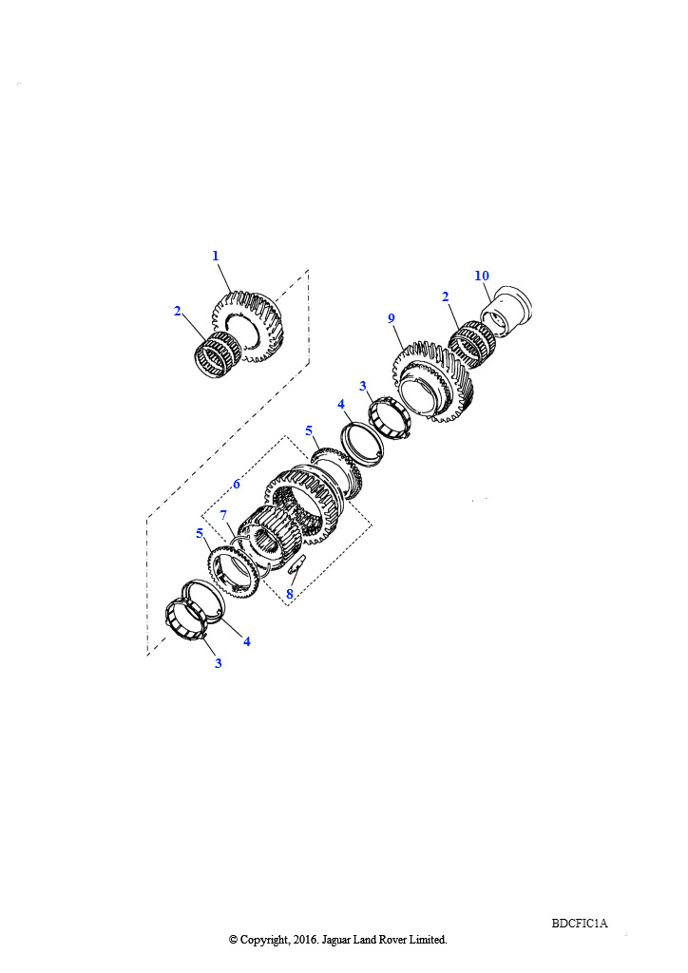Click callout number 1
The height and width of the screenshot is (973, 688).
pyautogui.click(x=216, y=256)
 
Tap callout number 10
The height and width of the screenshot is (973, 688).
pyautogui.click(x=482, y=276)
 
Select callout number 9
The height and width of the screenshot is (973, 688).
pyautogui.click(x=391, y=318)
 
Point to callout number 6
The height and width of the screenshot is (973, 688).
pyautogui.click(x=237, y=484)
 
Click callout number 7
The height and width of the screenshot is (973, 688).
pyautogui.click(x=223, y=515)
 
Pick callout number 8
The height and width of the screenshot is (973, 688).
pyautogui.click(x=290, y=594)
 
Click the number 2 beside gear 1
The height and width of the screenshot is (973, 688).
pyautogui.click(x=178, y=311)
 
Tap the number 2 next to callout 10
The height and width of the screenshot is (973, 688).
pyautogui.click(x=445, y=296)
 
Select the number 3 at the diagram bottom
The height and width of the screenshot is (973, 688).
pyautogui.click(x=218, y=663)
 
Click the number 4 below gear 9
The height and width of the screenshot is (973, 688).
pyautogui.click(x=340, y=404)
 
